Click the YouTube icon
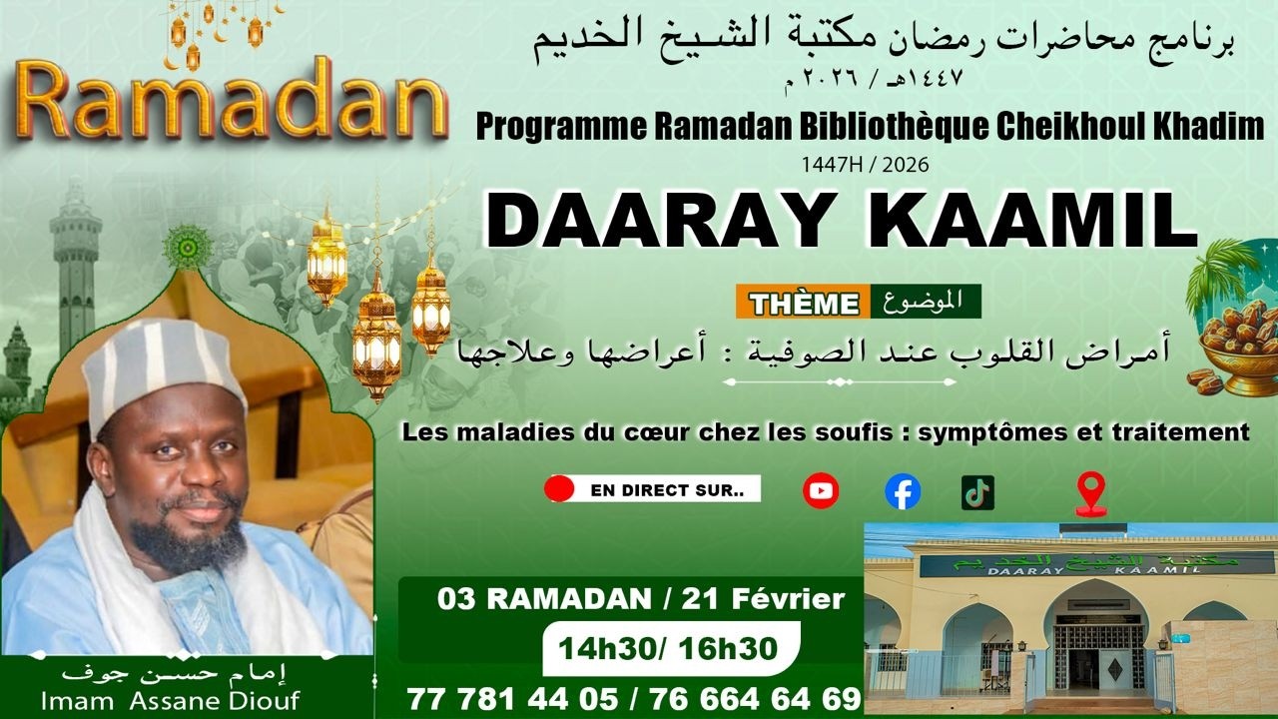tap(821, 490)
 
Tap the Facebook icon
tap(903, 491)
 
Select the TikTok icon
tap(977, 491)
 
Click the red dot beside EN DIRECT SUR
tap(559, 489)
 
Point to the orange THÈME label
tap(804, 303)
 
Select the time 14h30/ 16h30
tap(667, 648)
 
